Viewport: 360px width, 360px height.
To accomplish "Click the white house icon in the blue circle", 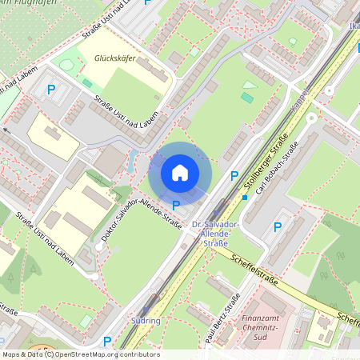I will click(x=180, y=173).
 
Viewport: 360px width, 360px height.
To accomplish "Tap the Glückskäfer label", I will click(x=114, y=58).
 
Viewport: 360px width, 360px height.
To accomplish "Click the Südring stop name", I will click(x=146, y=322).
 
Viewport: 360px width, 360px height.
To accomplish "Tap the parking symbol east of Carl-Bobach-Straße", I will click(x=278, y=226).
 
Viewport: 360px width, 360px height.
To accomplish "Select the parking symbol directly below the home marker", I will click(x=176, y=206).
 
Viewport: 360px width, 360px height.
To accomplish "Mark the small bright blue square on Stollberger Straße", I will click(x=244, y=197).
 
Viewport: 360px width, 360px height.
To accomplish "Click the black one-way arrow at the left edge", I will click(x=6, y=129).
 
